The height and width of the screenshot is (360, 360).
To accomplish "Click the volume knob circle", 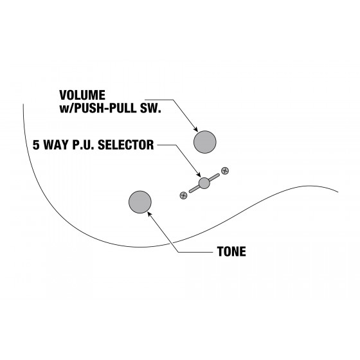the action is [x=205, y=142].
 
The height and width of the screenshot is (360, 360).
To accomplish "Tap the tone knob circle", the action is [x=140, y=202].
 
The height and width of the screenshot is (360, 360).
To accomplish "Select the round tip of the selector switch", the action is [x=204, y=183].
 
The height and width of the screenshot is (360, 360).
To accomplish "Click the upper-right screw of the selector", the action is [x=225, y=170].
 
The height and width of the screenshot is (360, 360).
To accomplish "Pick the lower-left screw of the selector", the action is [x=183, y=195].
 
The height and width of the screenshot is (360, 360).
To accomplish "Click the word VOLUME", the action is [x=82, y=95].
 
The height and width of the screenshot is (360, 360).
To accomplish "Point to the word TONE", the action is [x=231, y=251].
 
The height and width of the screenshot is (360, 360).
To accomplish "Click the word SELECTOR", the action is [x=126, y=145].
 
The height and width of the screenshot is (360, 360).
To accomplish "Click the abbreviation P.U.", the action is [x=84, y=145].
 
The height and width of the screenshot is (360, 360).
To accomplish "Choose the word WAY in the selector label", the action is [x=57, y=145].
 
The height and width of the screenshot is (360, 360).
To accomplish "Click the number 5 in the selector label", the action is [x=36, y=145].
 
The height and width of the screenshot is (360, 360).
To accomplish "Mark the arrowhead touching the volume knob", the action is [x=195, y=129].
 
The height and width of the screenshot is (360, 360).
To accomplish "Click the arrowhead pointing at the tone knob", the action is [x=149, y=214].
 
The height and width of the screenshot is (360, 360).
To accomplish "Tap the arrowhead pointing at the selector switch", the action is [x=199, y=174].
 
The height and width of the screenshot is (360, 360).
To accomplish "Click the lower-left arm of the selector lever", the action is [x=194, y=189].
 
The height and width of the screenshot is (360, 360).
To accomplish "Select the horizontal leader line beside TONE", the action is [x=196, y=252].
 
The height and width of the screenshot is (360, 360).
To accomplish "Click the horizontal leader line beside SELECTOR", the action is [x=166, y=145].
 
